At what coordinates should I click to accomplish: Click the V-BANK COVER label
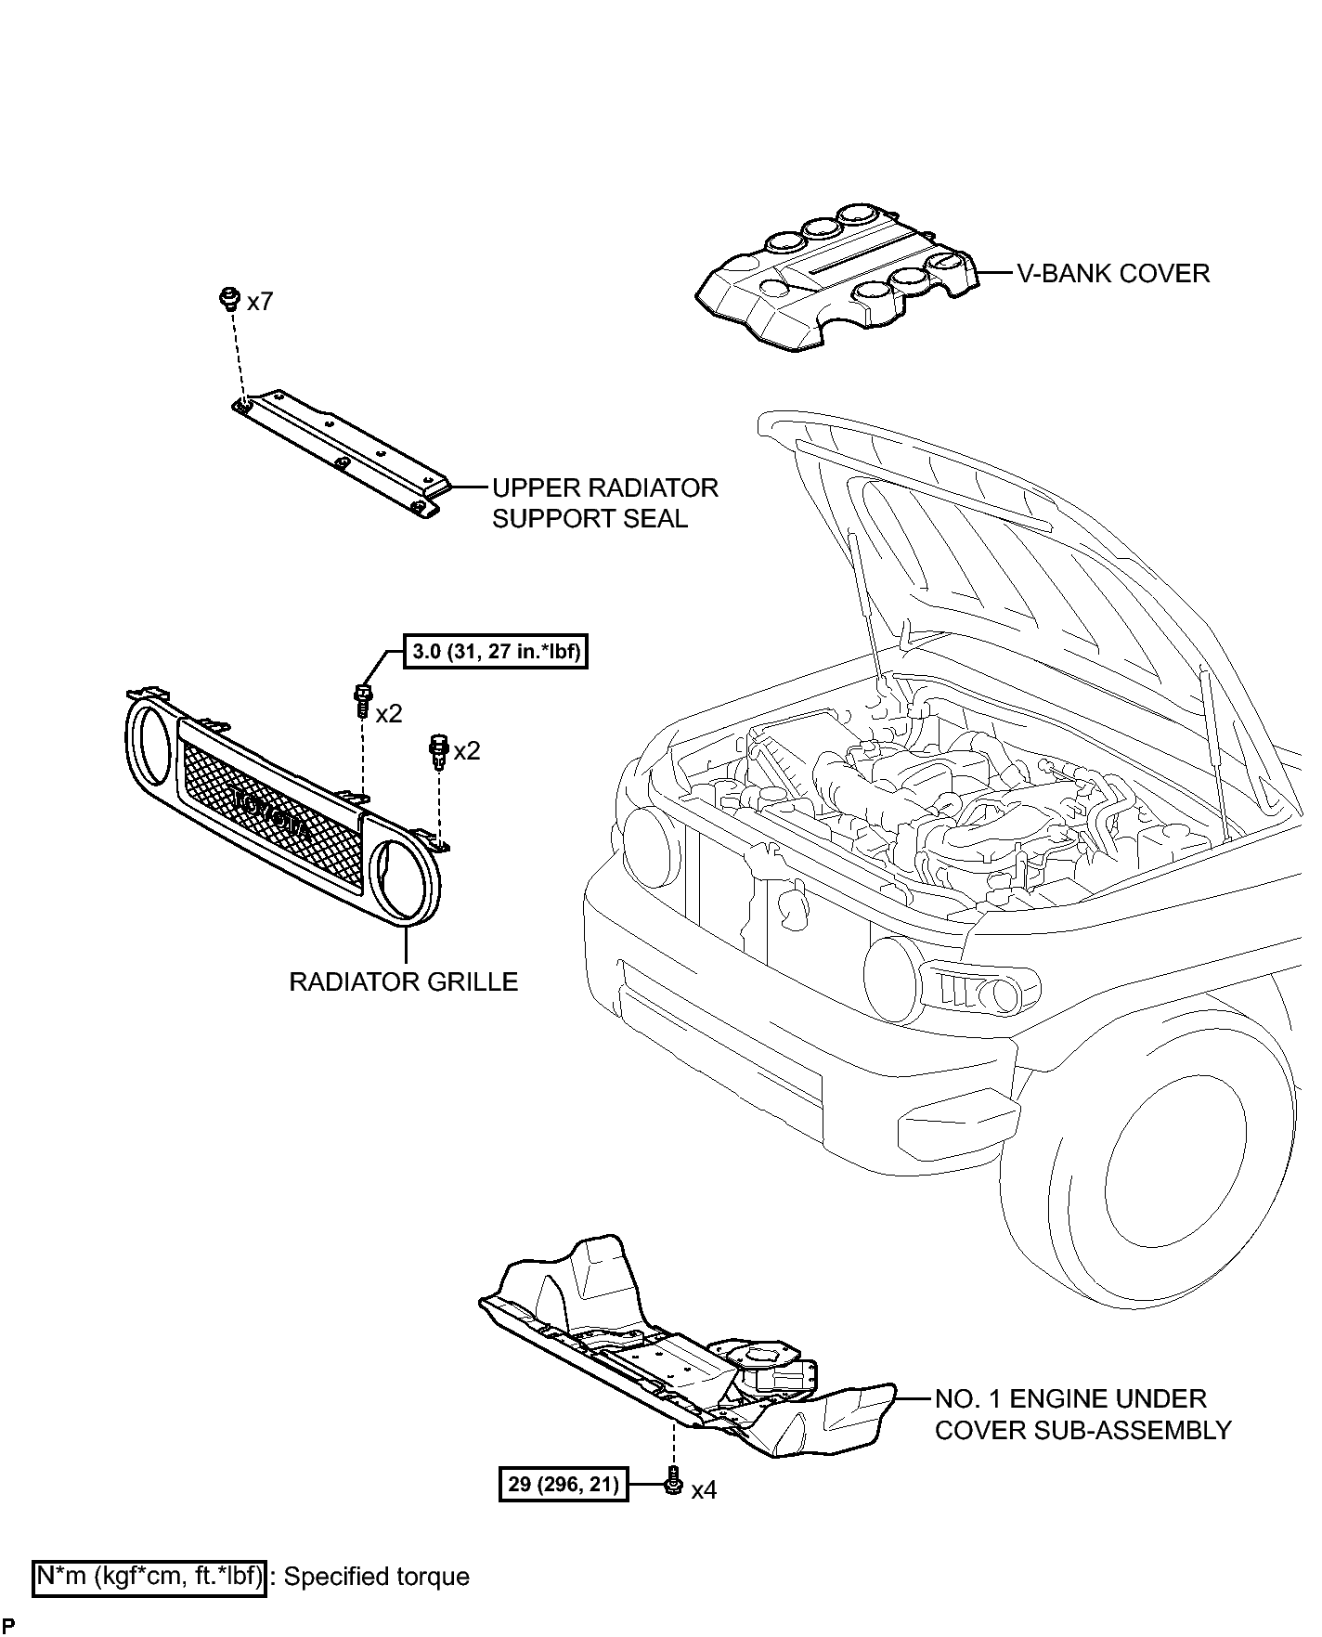click(1113, 274)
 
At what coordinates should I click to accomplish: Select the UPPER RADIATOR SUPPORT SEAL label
click(604, 503)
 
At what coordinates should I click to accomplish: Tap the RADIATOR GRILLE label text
click(403, 981)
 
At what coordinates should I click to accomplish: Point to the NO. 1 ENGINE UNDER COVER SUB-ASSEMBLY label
click(1082, 1414)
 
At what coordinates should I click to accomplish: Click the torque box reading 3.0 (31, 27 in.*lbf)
click(496, 653)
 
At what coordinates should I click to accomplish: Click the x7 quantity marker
click(260, 302)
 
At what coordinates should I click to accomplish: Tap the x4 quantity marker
click(705, 1490)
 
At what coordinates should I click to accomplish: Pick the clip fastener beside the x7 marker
click(226, 298)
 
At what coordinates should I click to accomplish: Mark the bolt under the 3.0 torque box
click(362, 700)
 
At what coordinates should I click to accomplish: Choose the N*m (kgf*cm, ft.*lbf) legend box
click(149, 1577)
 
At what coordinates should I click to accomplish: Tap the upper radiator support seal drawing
click(341, 450)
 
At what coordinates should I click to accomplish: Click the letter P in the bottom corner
click(7, 1626)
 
